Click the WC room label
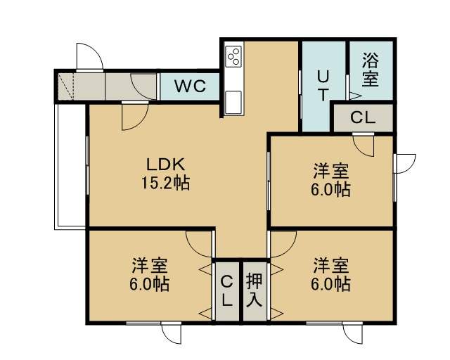pos(191,86)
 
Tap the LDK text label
pos(166,165)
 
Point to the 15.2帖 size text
pos(166,182)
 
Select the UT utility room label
pos(323,86)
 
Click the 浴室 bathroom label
pos(371,70)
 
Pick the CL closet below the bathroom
pos(363,117)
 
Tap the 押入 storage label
pos(255,290)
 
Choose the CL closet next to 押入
pos(226,291)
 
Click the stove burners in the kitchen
pos(234,56)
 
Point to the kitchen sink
pos(233,102)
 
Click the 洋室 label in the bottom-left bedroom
pos(150,265)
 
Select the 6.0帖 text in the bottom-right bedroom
pos(330,283)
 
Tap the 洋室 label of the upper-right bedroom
pos(330,171)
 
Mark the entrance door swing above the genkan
pos(90,56)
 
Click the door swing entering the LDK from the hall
pos(134,116)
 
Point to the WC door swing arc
pos(143,86)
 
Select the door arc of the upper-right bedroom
pos(364,146)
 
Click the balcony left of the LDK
pos(70,166)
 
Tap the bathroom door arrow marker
pos(354,96)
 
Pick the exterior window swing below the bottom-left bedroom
pos(172,333)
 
